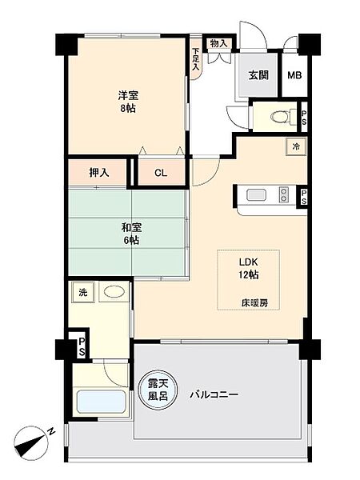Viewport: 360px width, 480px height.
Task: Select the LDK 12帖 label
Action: click(x=248, y=269)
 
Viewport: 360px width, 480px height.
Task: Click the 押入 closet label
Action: click(x=99, y=172)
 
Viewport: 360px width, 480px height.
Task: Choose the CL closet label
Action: click(x=161, y=172)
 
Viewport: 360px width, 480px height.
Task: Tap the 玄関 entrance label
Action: click(x=258, y=76)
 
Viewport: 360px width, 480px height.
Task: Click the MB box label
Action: click(x=294, y=76)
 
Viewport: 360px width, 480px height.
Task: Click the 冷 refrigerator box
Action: click(x=295, y=146)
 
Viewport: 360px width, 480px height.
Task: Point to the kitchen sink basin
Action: click(x=257, y=194)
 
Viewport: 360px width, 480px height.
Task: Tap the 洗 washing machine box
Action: click(x=82, y=293)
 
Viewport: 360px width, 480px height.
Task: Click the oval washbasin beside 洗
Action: click(x=114, y=292)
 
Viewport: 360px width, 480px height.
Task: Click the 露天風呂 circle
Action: click(x=158, y=392)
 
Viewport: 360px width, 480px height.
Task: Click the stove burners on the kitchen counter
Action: click(x=283, y=194)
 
